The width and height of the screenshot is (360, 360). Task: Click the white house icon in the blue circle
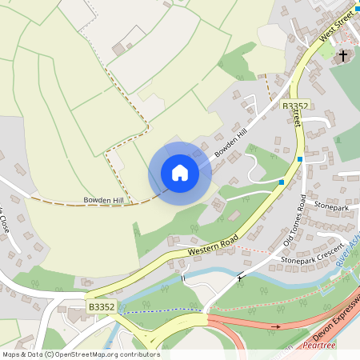click(180, 173)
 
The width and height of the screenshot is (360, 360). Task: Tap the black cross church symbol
click(343, 56)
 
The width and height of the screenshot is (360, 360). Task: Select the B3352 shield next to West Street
click(295, 105)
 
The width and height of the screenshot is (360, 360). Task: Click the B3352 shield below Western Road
click(101, 306)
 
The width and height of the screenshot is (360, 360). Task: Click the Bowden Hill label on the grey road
click(232, 141)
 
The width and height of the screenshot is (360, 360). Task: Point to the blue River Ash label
click(348, 256)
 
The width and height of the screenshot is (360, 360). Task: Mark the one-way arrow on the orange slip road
click(277, 326)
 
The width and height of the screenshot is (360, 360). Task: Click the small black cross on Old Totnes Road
click(240, 278)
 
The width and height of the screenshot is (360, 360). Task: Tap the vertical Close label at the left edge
click(4, 220)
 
